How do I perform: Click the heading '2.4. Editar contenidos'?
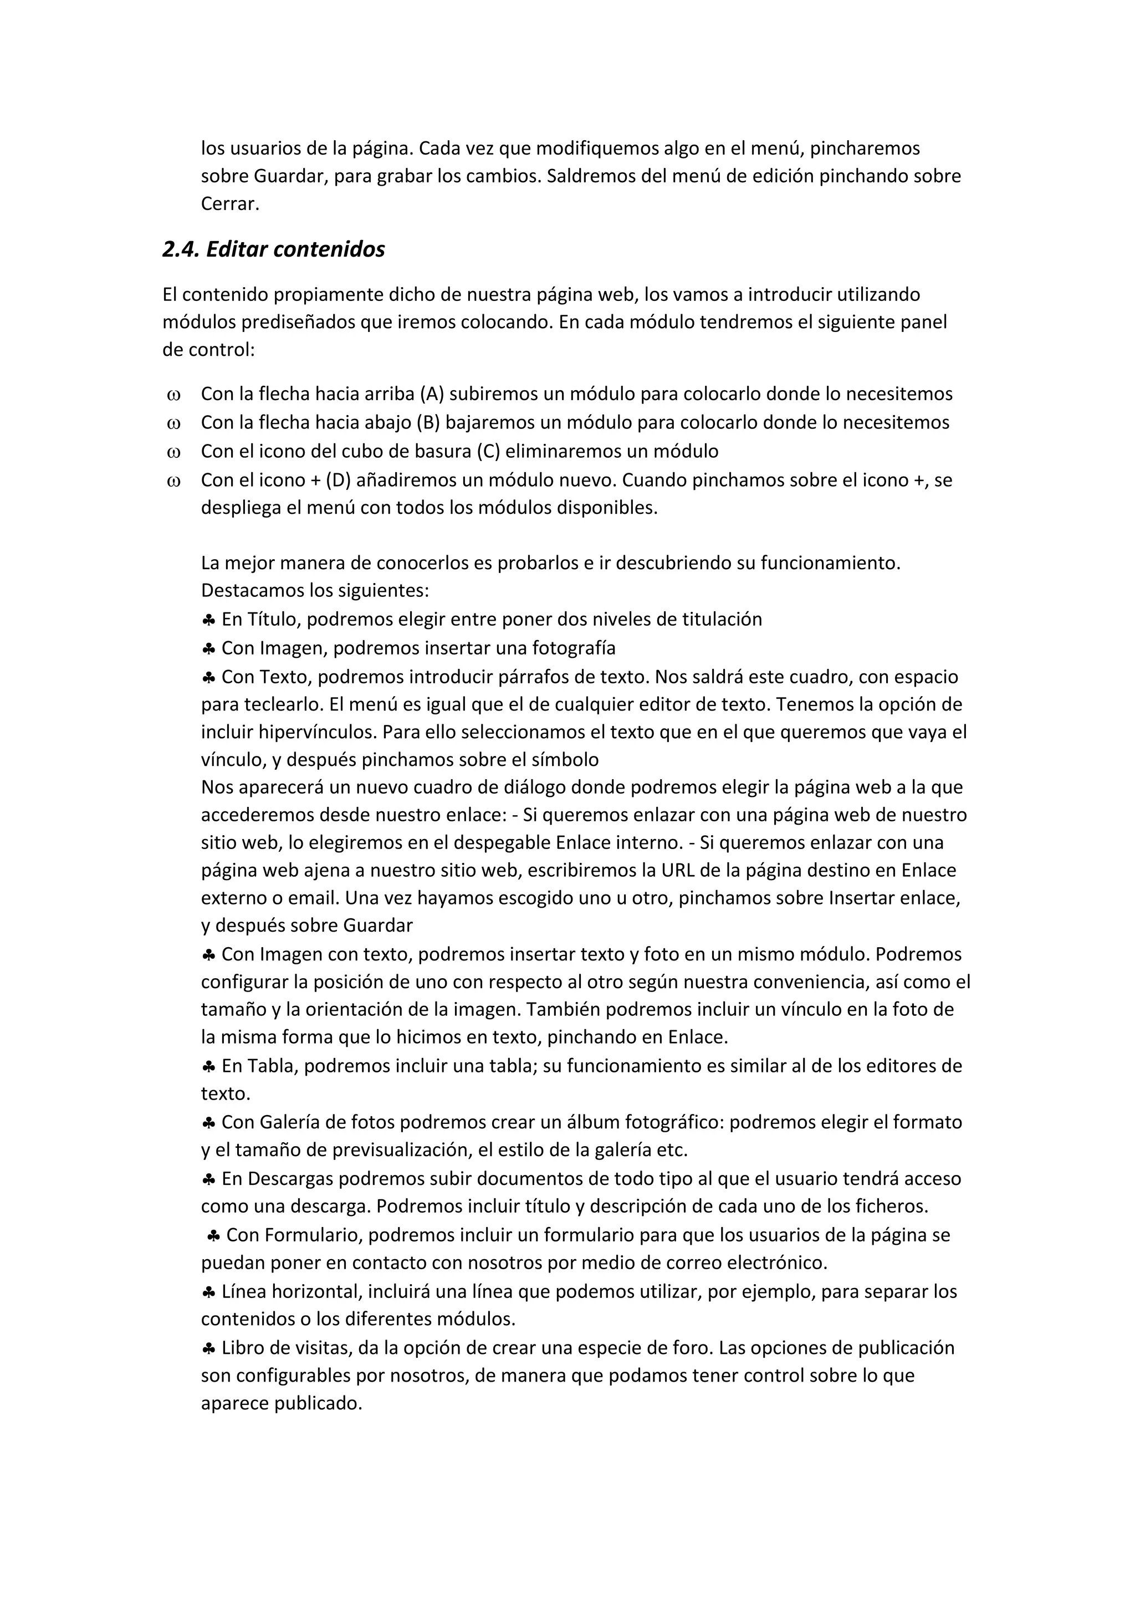click(x=273, y=249)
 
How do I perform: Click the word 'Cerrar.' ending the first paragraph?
click(x=230, y=203)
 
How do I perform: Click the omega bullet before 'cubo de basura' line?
click(x=173, y=452)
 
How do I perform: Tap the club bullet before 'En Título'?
click(x=208, y=620)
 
